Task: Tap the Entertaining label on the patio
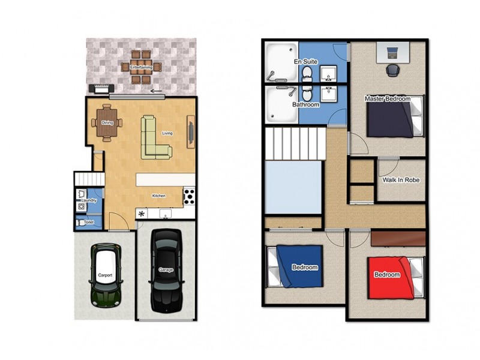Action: pyautogui.click(x=141, y=67)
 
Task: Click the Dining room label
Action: pyautogui.click(x=107, y=123)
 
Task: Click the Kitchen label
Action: pyautogui.click(x=158, y=196)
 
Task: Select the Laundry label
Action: pyautogui.click(x=89, y=200)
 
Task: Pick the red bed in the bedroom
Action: pyautogui.click(x=390, y=277)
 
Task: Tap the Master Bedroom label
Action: pyautogui.click(x=387, y=98)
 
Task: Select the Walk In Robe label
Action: pyautogui.click(x=401, y=179)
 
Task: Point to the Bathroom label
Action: pyautogui.click(x=306, y=104)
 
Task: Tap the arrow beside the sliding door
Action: pyautogui.click(x=157, y=92)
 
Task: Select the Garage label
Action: pyautogui.click(x=166, y=270)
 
